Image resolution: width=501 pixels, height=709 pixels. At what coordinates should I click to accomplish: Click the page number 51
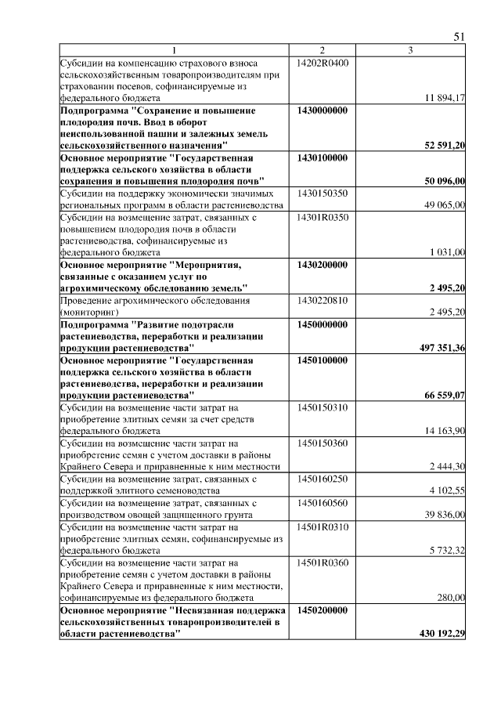460,37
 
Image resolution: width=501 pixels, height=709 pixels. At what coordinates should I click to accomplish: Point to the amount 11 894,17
445,98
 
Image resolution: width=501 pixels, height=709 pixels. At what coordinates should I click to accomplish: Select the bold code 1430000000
323,110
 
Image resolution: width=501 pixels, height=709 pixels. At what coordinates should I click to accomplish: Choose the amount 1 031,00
448,252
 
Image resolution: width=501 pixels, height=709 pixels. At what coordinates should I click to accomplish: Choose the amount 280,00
452,597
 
